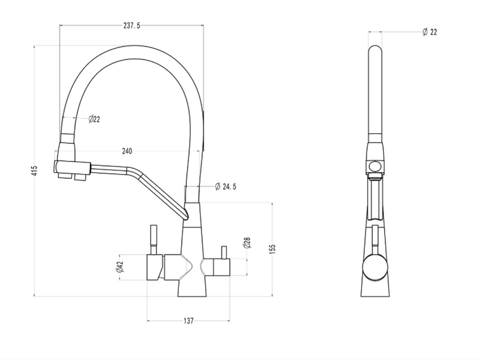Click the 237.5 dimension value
[x=131, y=26]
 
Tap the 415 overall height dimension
[x=35, y=170]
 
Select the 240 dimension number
[x=127, y=151]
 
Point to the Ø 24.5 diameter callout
[x=226, y=187]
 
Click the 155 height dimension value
[x=273, y=248]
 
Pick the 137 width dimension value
[x=188, y=321]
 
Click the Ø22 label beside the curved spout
[x=94, y=119]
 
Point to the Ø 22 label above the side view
[x=430, y=32]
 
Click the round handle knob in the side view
[x=374, y=266]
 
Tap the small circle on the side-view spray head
[x=374, y=167]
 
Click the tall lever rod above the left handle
[x=154, y=239]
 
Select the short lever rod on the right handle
[x=223, y=252]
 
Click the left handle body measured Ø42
[x=155, y=267]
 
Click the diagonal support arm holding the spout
[x=158, y=192]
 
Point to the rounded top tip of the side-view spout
[x=374, y=48]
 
